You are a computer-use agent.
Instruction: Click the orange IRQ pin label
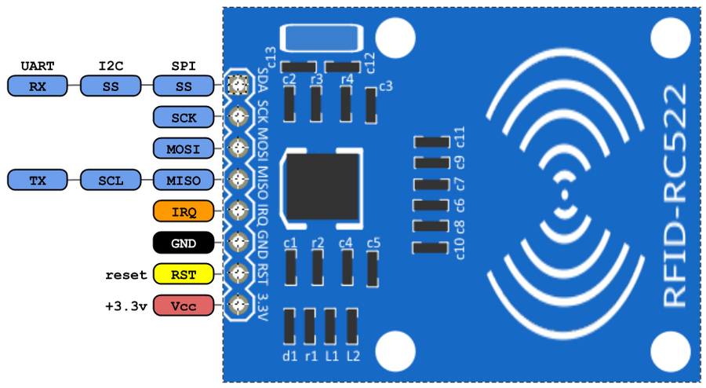point(183,211)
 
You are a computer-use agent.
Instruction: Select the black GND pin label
point(183,243)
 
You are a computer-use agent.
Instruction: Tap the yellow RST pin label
point(183,274)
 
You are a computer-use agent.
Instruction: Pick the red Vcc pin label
point(183,306)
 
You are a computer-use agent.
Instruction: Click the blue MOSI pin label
point(183,148)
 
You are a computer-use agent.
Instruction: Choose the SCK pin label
point(183,118)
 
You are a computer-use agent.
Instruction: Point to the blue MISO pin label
point(183,181)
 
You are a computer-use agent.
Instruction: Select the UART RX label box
point(37,86)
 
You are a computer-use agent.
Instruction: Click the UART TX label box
point(37,181)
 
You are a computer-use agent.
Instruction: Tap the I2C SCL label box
point(110,181)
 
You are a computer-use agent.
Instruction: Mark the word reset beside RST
point(126,275)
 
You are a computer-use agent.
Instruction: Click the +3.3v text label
point(126,306)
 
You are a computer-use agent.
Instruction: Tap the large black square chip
point(325,187)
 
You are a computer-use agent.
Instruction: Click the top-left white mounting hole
point(395,35)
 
